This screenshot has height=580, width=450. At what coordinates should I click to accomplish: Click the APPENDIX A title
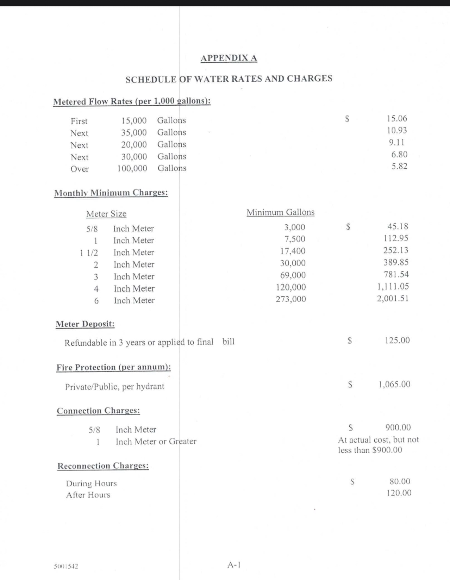229,58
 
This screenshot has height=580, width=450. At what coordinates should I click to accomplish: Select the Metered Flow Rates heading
132,101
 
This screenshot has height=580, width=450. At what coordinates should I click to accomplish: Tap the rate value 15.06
397,119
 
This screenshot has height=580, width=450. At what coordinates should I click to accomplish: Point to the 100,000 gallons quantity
132,168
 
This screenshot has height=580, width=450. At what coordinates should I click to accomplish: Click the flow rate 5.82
399,166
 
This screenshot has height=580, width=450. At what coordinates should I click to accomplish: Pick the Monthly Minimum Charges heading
111,193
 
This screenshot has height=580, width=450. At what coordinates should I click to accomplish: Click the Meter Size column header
106,214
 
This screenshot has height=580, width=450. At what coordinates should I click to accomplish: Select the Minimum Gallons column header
280,212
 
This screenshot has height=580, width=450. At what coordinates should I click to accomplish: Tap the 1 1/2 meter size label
89,252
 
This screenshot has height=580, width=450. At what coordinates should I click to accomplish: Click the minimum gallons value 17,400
293,251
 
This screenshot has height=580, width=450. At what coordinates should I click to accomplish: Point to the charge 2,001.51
393,299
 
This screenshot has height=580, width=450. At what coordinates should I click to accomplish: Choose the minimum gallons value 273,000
290,299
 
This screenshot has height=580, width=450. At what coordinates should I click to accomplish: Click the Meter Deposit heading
85,324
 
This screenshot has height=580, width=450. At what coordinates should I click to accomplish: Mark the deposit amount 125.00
397,340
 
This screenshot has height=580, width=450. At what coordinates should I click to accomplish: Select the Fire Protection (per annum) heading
114,367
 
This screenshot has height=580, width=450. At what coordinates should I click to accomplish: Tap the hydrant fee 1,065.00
394,384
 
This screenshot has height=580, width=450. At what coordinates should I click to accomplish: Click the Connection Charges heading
98,411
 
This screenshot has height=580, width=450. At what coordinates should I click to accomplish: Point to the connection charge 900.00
398,428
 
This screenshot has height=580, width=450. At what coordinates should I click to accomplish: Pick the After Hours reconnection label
88,495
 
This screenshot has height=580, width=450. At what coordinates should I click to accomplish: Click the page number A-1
234,565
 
